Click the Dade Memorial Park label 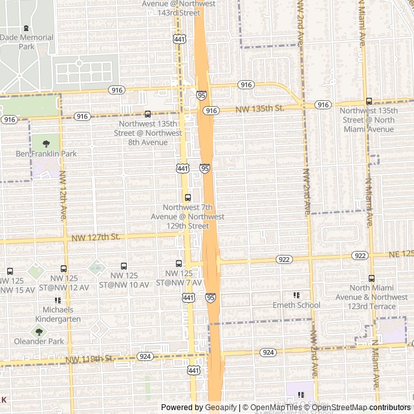point(27,42)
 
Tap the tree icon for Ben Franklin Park point(46,144)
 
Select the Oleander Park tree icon point(39,331)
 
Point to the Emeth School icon point(296,295)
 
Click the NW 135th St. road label point(260,109)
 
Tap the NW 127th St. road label point(96,237)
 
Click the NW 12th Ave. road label point(63,195)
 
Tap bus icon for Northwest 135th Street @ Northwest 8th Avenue point(147,114)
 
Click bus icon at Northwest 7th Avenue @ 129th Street point(188,197)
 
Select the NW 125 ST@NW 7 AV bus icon point(179,263)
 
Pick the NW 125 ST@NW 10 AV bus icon point(124,266)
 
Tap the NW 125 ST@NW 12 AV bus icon point(63,268)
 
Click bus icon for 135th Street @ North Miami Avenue point(369,101)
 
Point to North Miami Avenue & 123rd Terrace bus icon point(371,278)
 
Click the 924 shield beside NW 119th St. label point(145,356)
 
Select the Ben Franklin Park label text point(46,154)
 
